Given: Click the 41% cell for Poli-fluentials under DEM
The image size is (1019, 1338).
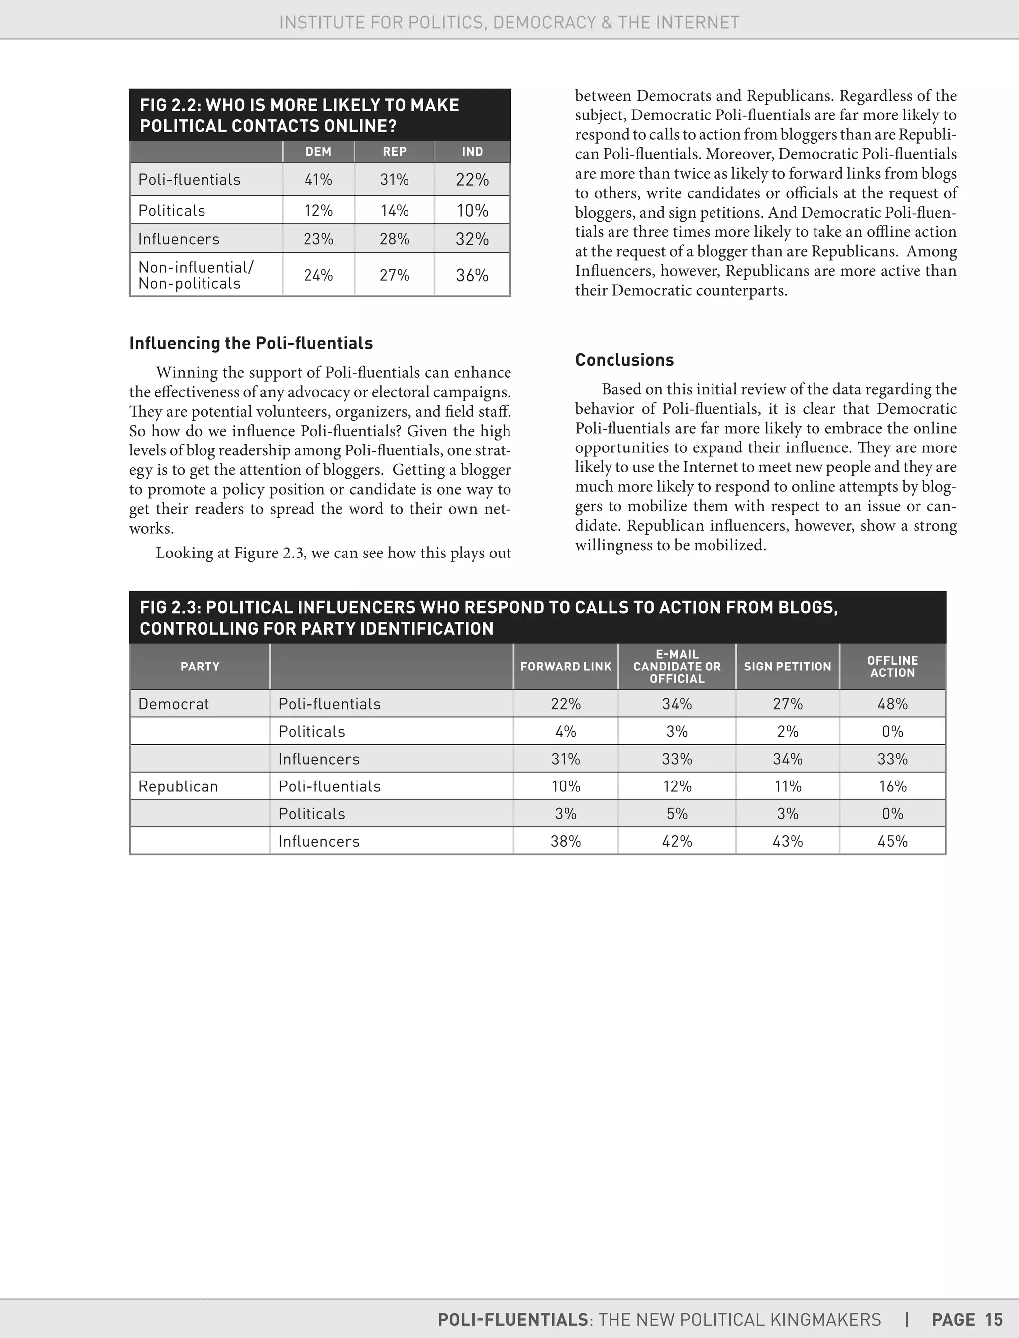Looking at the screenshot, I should click(318, 180).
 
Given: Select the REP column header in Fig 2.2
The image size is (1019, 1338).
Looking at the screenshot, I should click(394, 152).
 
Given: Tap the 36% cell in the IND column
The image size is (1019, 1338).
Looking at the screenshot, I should click(472, 275).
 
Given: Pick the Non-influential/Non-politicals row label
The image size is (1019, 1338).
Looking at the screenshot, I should click(196, 275).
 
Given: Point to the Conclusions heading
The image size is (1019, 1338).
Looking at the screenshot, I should click(624, 360).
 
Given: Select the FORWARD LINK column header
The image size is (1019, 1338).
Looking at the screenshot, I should click(565, 667).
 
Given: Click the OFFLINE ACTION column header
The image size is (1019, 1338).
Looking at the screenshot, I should click(892, 667).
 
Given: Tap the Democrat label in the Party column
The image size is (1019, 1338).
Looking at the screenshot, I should click(174, 704).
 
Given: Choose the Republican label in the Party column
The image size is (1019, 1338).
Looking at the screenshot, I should click(178, 786).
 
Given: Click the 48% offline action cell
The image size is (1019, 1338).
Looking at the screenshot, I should click(892, 704).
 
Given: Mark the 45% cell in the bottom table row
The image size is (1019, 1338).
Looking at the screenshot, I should click(892, 841).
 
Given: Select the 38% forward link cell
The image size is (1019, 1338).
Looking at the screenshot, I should click(565, 841).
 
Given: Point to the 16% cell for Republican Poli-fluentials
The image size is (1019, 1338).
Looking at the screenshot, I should click(892, 786).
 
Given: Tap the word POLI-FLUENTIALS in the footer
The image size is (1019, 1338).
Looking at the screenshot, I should click(512, 1320).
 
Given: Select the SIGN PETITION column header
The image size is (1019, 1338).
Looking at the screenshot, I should click(787, 667).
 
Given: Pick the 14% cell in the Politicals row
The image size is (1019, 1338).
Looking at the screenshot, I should click(394, 211).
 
